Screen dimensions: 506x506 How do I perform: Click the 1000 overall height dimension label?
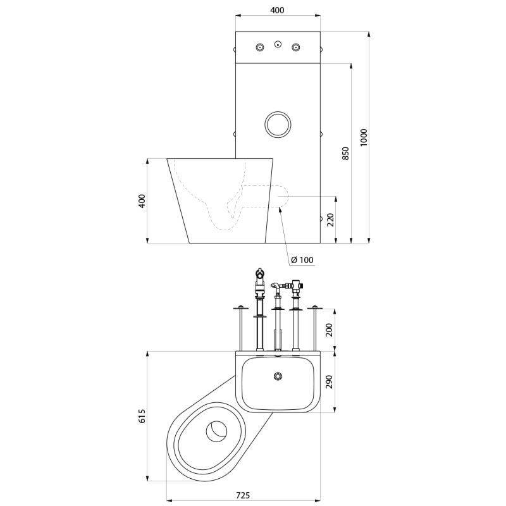(364, 137)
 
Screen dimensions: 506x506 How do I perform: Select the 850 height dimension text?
(345, 154)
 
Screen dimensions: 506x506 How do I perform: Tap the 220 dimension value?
(331, 219)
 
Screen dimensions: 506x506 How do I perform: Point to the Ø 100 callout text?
(302, 260)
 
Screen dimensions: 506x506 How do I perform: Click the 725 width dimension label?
(243, 495)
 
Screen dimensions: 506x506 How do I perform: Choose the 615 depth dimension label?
(143, 416)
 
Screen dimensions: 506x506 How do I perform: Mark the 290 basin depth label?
(330, 382)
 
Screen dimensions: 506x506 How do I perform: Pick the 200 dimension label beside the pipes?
(330, 330)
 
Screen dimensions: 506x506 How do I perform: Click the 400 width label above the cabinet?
(277, 10)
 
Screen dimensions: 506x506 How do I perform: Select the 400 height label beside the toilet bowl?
(142, 201)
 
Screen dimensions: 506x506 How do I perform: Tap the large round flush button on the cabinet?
(278, 125)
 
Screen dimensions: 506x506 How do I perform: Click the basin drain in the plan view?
(278, 376)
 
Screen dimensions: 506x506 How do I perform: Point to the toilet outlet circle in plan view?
(217, 431)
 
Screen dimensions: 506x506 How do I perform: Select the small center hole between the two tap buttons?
(278, 44)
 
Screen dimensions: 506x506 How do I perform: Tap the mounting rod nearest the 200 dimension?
(315, 328)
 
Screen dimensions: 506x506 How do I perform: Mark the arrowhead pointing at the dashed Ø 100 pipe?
(280, 210)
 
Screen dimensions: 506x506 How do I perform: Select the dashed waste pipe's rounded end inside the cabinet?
(283, 196)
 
